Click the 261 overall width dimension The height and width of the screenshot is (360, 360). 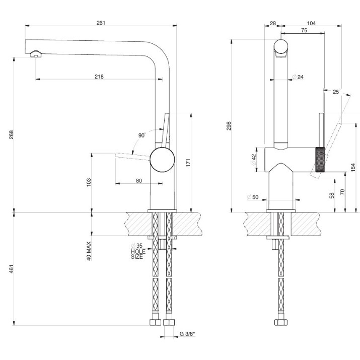[101, 23]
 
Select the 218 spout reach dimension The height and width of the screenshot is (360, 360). [99, 77]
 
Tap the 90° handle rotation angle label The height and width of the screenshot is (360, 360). [142, 135]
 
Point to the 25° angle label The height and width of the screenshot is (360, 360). [336, 92]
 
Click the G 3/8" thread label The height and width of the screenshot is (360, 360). [187, 334]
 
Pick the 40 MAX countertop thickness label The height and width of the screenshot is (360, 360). [89, 251]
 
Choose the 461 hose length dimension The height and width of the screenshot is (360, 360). [11, 269]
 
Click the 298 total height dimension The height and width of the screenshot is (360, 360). [229, 126]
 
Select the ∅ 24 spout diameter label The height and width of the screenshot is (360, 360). [298, 77]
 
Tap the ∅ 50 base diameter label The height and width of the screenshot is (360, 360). [253, 197]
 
